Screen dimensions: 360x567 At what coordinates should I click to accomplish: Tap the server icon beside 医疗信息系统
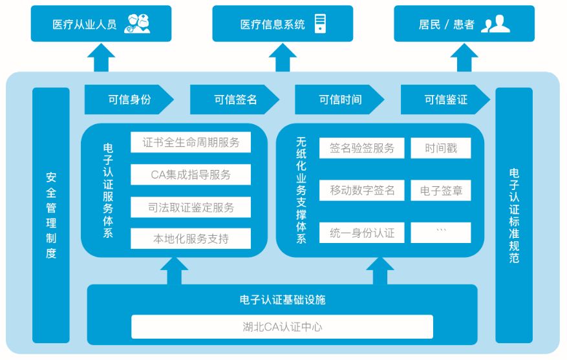[x=319, y=24]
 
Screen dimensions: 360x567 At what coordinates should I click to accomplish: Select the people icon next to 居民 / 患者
[x=495, y=24]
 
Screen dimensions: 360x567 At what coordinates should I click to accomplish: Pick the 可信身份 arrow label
[x=129, y=100]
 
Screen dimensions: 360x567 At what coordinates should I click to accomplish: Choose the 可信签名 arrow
[x=234, y=100]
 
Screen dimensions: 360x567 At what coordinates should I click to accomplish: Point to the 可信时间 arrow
[x=339, y=100]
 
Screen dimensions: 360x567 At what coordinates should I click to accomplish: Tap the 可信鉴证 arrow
[x=445, y=100]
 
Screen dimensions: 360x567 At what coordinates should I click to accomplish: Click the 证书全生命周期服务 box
[x=191, y=143]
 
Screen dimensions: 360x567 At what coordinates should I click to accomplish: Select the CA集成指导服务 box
[x=191, y=175]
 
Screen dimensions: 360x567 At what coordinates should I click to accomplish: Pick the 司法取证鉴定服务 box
[x=191, y=207]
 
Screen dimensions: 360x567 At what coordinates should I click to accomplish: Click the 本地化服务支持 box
[x=191, y=238]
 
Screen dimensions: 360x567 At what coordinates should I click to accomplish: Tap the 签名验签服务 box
[x=361, y=148]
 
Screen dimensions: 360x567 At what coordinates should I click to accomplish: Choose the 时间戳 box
[x=440, y=148]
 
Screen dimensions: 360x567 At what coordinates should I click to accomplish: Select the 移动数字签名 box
[x=361, y=191]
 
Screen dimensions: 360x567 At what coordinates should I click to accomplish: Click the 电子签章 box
[x=440, y=191]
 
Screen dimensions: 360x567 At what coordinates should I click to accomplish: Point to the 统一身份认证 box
[x=361, y=233]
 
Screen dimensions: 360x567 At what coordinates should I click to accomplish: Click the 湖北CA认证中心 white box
[x=282, y=326]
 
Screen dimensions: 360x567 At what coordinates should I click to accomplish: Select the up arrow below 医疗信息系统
[x=283, y=58]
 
